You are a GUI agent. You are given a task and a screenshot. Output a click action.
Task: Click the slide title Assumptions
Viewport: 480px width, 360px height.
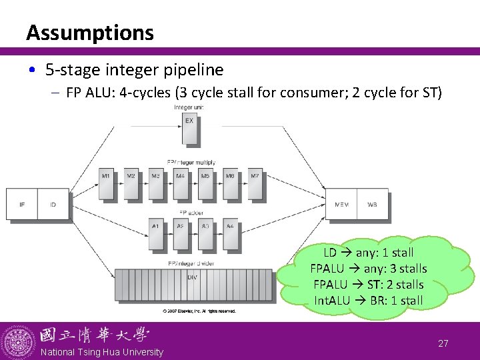[90, 32]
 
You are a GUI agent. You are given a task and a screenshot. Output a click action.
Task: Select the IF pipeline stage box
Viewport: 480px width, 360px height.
[22, 204]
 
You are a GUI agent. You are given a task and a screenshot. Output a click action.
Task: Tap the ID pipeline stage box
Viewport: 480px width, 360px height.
[53, 204]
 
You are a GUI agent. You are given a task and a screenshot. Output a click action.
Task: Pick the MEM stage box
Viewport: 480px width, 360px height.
[341, 204]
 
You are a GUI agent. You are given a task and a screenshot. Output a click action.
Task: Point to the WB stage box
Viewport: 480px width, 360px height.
[372, 204]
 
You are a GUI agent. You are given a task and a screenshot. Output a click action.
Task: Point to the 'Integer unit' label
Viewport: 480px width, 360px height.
[189, 107]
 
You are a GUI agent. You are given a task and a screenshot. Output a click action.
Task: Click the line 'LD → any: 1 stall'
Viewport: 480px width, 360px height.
[368, 253]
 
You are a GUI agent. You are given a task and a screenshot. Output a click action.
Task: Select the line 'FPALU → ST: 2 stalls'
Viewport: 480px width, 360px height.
[368, 285]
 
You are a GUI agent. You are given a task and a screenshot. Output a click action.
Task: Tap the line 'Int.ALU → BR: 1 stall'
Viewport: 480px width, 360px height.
[368, 301]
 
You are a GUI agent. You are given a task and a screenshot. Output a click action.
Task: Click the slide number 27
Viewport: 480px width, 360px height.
[443, 343]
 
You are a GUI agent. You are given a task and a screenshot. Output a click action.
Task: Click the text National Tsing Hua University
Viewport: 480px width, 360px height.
[101, 352]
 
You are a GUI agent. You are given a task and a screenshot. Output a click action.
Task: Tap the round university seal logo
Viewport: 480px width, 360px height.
[19, 341]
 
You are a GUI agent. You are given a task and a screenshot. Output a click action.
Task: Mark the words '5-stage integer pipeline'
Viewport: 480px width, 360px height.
[134, 69]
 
